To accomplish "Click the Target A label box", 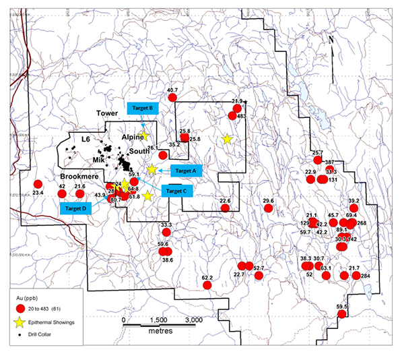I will (x=184, y=171).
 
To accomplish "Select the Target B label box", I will (x=142, y=108).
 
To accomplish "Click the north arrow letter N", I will (x=331, y=40).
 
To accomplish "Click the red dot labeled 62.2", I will (x=208, y=285).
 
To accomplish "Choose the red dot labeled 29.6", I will (x=269, y=208).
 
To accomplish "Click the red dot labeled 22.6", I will (x=226, y=208).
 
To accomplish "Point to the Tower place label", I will (x=106, y=113).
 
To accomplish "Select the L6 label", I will (x=86, y=139).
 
